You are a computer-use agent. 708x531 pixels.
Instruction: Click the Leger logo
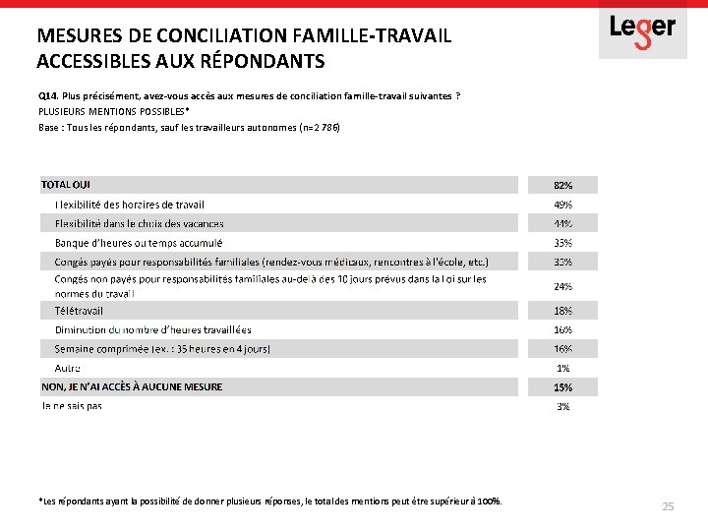(642, 29)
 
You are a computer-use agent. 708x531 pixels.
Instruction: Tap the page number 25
(668, 506)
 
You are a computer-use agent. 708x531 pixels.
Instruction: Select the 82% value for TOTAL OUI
(562, 185)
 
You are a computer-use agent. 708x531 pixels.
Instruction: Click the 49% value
(562, 205)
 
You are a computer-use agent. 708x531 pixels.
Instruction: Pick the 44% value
(562, 223)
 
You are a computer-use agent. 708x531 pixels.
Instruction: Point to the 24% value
(562, 286)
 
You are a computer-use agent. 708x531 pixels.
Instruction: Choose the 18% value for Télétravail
(562, 311)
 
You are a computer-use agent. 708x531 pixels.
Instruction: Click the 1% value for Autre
(563, 368)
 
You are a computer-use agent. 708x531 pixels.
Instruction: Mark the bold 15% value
(562, 387)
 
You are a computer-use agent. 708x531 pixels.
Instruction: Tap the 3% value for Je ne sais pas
(563, 406)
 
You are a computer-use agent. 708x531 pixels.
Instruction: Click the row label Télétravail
(79, 311)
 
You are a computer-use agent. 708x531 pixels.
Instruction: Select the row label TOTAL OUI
(66, 184)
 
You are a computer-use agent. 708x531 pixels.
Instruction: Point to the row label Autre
(68, 368)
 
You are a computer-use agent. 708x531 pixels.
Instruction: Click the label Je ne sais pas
(71, 405)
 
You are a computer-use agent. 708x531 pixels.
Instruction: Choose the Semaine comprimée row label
(162, 349)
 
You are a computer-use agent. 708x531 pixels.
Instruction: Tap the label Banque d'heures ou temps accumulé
(139, 242)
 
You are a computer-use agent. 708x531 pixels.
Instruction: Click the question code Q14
(48, 95)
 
